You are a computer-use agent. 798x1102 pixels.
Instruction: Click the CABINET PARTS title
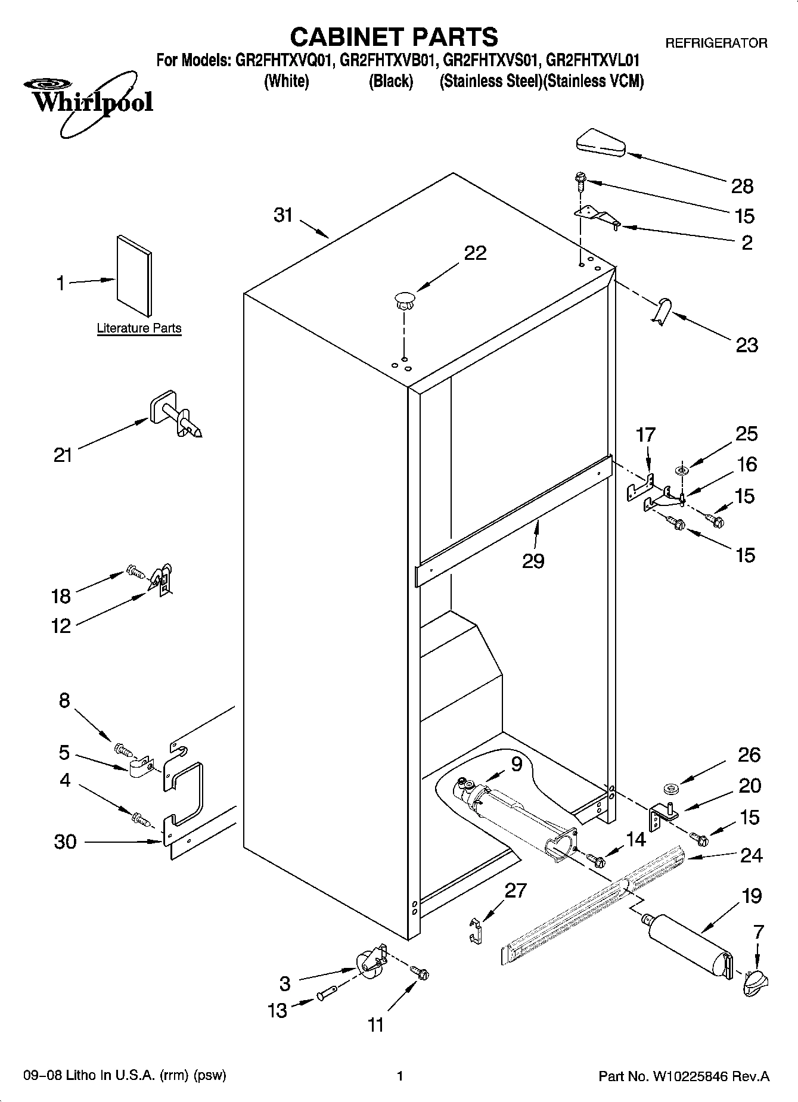(393, 37)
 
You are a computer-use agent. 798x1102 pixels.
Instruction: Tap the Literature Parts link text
(139, 328)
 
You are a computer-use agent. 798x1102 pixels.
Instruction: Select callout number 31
(283, 215)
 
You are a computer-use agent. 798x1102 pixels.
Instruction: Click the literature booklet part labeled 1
(134, 275)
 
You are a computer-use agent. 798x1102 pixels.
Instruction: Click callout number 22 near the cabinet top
(475, 253)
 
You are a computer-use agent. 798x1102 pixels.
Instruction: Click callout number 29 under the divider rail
(533, 560)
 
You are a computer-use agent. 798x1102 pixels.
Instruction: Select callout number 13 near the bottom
(278, 1010)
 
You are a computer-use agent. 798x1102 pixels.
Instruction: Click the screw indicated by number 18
(135, 573)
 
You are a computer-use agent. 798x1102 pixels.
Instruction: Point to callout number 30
(65, 842)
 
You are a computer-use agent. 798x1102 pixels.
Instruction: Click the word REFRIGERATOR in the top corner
(716, 43)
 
